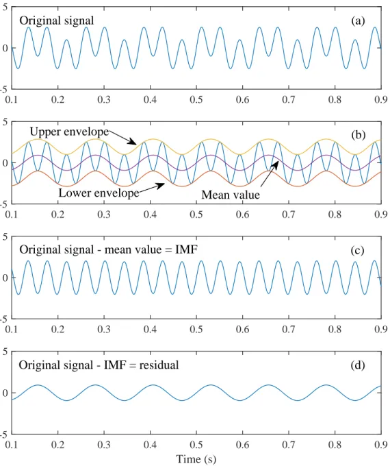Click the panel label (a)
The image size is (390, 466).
point(358,21)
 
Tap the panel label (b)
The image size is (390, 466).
point(358,135)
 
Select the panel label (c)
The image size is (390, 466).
point(357,251)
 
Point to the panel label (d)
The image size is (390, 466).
point(357,365)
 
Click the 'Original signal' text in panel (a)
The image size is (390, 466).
point(57,21)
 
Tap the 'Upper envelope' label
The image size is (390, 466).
point(70,132)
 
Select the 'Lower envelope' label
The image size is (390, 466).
point(99,193)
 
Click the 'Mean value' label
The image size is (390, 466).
point(231,195)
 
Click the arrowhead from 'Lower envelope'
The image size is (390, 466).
point(161,185)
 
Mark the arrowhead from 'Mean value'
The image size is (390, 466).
point(276,164)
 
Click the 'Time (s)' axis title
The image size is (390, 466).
point(196,459)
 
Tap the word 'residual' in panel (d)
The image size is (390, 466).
point(159,365)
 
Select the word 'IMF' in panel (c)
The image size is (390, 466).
point(186,249)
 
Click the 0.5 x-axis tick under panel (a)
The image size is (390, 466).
point(196,99)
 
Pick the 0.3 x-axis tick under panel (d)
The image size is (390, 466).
point(104,445)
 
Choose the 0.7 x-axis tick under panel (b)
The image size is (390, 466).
point(289,214)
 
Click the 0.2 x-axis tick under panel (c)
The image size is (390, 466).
point(57,329)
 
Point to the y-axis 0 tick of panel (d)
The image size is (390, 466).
point(5,393)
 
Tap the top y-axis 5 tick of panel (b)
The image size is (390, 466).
point(5,122)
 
